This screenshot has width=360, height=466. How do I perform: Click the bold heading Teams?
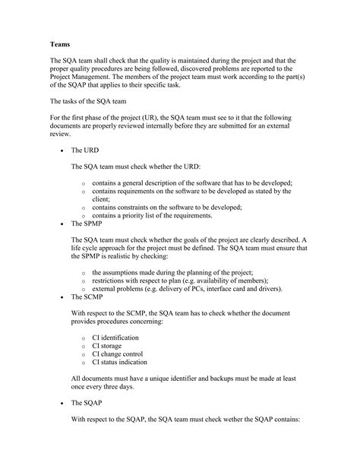61,44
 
